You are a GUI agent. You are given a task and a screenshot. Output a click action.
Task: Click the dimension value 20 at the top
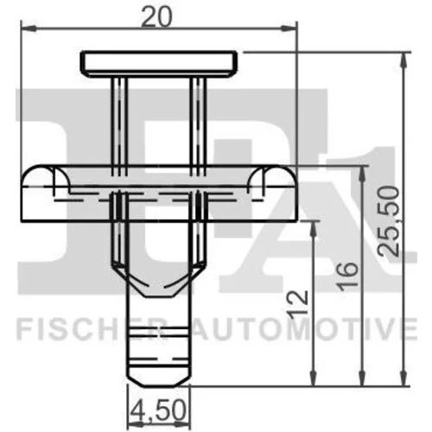(x=157, y=17)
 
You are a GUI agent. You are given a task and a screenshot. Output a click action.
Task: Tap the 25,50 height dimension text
(x=389, y=221)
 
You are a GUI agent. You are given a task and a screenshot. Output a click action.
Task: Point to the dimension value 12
(x=298, y=305)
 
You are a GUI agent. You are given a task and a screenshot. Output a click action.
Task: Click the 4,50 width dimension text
(x=157, y=411)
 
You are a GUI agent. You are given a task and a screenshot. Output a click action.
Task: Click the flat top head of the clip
(x=159, y=64)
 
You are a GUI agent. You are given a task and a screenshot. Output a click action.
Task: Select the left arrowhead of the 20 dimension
(x=29, y=29)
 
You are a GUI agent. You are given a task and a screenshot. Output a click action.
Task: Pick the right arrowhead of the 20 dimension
(x=289, y=29)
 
